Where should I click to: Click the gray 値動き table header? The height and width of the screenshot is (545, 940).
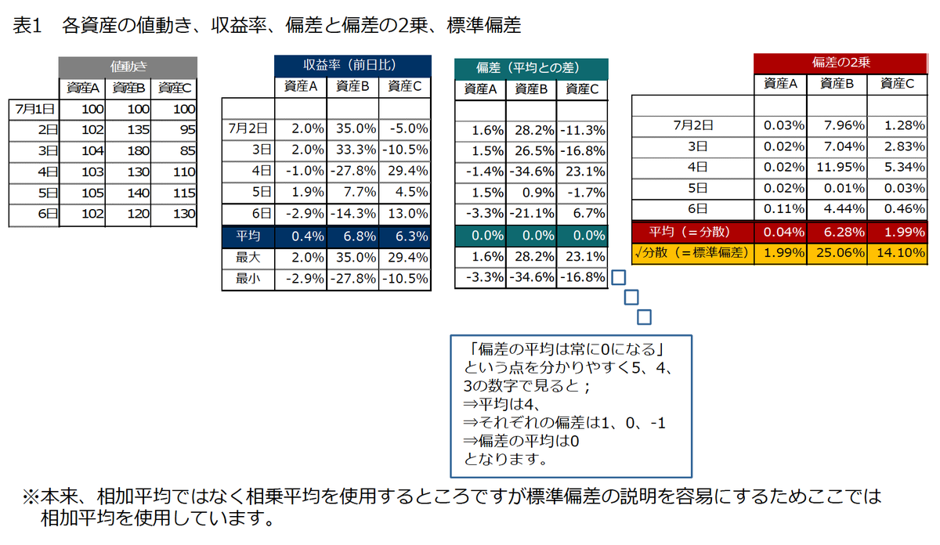coord(128,67)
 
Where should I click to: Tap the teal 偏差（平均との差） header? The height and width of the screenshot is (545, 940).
coord(531,68)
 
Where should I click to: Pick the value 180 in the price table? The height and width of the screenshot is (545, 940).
coord(128,150)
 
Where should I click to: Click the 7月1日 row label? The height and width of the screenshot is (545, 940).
coord(34,110)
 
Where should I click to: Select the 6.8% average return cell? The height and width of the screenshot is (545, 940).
coord(352,236)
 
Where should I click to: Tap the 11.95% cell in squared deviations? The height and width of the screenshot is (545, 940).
coord(838,167)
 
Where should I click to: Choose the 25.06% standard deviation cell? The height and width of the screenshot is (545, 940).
coord(838,252)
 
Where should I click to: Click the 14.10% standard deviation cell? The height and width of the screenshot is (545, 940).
coord(898,252)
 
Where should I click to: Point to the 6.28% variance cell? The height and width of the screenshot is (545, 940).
coord(838,232)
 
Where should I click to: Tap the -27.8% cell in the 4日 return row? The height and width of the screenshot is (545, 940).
coord(352,171)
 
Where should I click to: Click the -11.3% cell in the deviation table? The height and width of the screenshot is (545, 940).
coord(581,130)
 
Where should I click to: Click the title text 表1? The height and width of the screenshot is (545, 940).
coord(27,26)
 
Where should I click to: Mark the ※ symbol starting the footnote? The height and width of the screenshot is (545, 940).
coord(30,496)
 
